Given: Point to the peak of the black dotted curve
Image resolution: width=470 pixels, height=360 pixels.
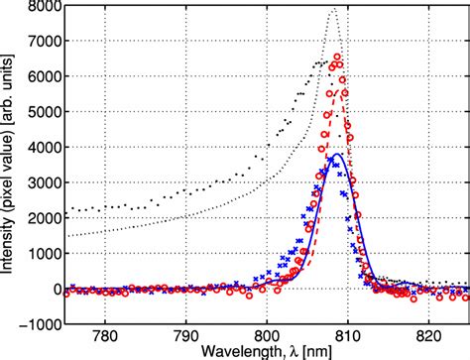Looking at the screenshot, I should click(x=333, y=10).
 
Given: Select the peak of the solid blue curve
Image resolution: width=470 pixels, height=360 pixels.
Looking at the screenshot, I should click(x=337, y=154).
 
